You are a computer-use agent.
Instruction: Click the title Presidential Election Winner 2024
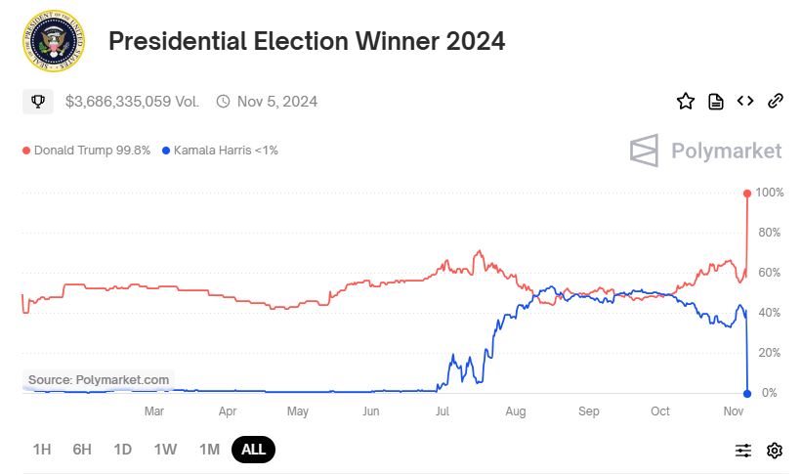[307, 41]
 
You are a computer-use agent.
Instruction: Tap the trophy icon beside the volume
[38, 101]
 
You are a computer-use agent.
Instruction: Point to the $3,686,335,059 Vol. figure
[132, 101]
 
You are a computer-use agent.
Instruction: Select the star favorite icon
[686, 101]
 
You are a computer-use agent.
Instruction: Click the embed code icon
[745, 101]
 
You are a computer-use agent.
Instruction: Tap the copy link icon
[776, 101]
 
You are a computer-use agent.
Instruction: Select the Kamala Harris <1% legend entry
[220, 151]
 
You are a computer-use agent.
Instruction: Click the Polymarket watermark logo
[705, 151]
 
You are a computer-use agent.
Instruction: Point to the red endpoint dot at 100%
[747, 193]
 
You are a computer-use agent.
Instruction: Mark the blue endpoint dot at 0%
[747, 393]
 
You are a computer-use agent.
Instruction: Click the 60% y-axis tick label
[770, 273]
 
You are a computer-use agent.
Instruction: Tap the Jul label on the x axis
[443, 411]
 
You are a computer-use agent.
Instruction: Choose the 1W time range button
[165, 450]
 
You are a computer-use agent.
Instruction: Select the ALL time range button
[253, 450]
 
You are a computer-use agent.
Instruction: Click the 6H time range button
[82, 450]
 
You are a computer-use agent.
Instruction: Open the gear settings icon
[775, 450]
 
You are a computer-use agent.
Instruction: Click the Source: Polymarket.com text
[99, 379]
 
